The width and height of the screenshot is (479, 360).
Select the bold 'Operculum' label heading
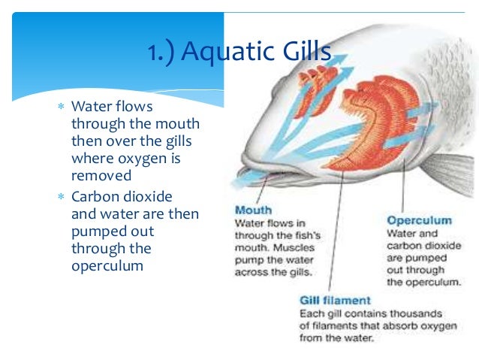pos(419,220)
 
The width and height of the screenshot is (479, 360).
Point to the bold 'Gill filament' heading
pos(335,301)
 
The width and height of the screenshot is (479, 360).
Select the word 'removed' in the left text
pos(101,176)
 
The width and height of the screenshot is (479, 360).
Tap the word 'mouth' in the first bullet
pos(174,123)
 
